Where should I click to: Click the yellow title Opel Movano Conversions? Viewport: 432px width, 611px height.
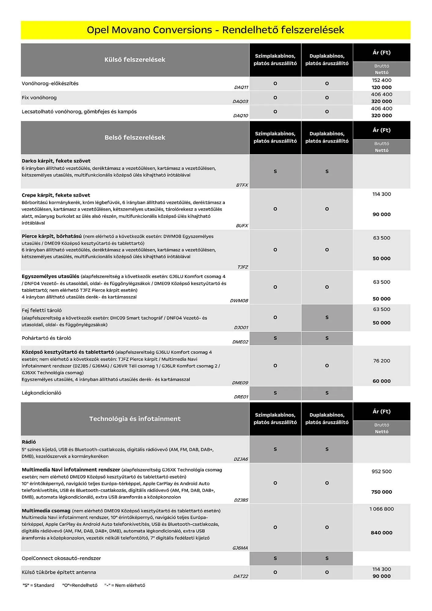pos(215,30)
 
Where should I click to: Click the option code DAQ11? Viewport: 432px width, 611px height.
pos(241,87)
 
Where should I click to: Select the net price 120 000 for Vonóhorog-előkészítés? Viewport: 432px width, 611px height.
pos(381,87)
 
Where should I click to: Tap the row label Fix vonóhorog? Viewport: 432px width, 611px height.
pos(39,98)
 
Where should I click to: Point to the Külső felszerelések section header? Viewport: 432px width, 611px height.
pos(135,60)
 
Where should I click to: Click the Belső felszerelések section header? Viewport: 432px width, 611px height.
pos(135,137)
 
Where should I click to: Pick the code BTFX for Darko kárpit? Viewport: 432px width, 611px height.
pos(242,185)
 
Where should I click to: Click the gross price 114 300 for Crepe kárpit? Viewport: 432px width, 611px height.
pos(381,194)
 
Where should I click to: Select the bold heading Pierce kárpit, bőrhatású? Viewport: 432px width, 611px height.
pos(52,236)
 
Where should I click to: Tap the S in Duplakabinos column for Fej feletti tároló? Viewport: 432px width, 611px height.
pos(327,317)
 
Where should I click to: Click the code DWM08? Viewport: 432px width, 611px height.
pos(239,301)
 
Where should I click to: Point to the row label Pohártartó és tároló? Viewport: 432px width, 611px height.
pos(46,338)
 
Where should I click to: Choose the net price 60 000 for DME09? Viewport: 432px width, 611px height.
pos(381,381)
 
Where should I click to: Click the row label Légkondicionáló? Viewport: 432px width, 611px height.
pos(42,393)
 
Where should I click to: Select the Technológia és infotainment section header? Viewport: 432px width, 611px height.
pos(135,419)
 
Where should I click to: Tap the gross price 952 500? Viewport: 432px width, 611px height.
pos(381,471)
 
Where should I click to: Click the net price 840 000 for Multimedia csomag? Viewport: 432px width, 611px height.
pos(381,532)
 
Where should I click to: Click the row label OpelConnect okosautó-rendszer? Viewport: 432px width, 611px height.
pos(61,558)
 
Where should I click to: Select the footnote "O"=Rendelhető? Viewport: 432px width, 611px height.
pos(80,585)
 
